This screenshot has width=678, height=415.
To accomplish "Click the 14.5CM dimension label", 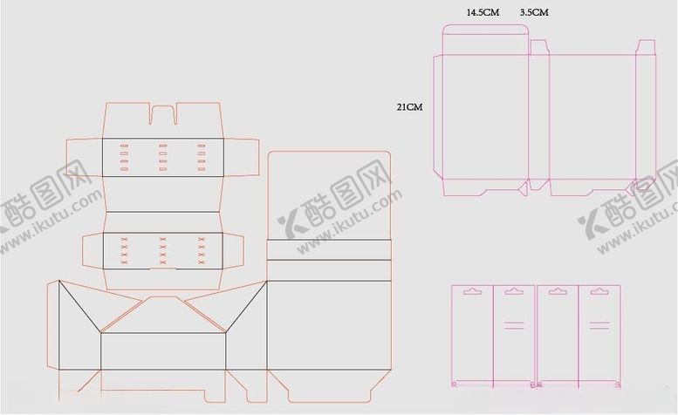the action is coord(483,12).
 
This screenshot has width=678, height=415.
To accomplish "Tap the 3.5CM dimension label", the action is coord(534,12).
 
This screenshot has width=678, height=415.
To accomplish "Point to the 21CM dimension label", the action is coord(409,106).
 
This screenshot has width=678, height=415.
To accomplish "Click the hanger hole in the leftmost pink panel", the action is coord(472,291).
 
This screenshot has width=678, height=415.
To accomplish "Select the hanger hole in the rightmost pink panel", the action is coord(599,291).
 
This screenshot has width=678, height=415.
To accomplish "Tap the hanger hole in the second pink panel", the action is coord(514,291).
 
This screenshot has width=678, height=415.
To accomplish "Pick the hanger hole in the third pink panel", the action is coord(558,291).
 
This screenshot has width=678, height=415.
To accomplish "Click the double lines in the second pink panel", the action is coord(514,325).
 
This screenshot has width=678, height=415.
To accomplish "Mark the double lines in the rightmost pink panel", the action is coord(599,325).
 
